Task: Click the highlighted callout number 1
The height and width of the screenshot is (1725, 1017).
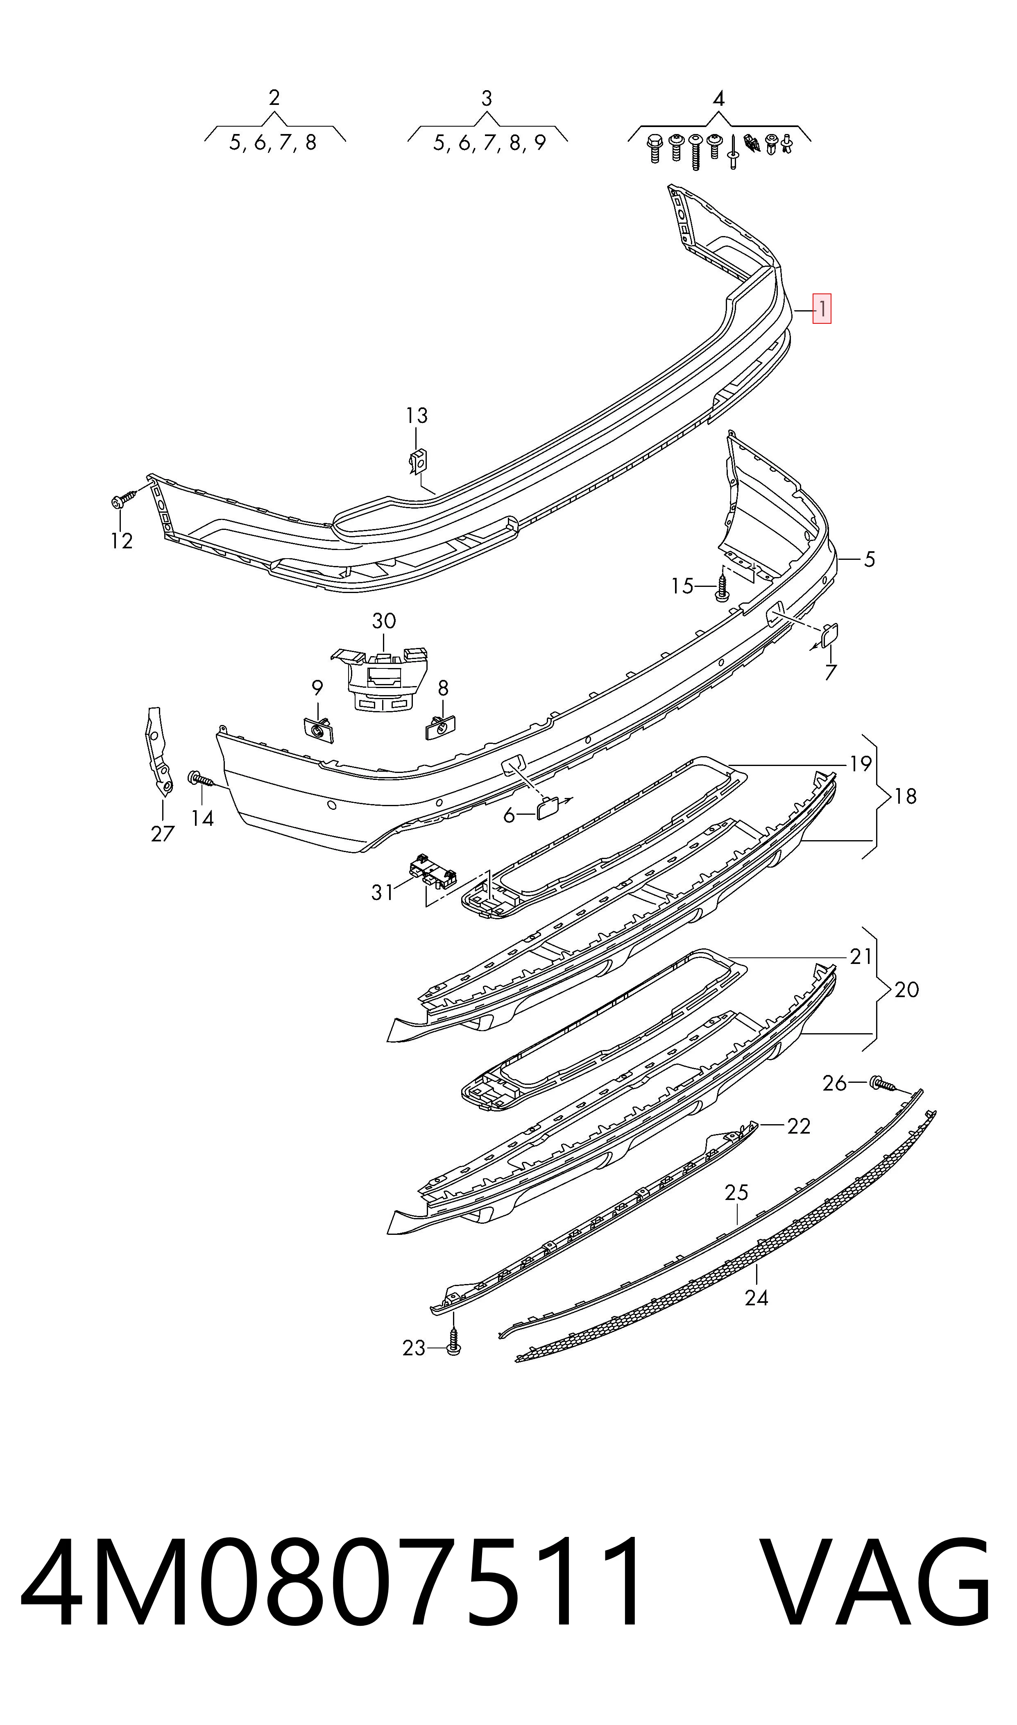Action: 822,309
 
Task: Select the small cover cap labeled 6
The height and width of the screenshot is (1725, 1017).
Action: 548,810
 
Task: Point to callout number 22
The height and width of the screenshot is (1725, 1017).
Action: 799,1127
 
